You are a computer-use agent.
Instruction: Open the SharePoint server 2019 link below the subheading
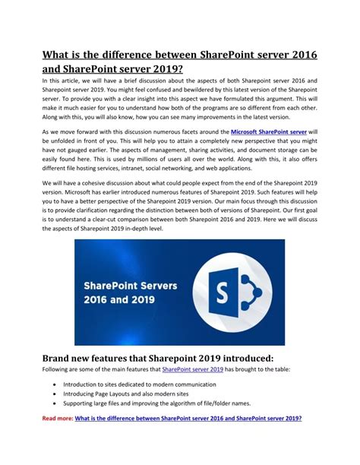(x=193, y=369)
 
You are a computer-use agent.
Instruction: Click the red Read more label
(x=57, y=419)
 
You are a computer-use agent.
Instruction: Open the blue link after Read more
(x=188, y=419)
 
